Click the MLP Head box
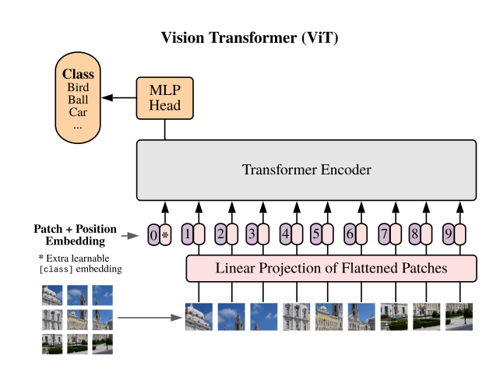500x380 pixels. pos(165,97)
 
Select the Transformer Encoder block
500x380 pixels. pos(305,170)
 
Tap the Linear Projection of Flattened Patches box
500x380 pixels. pos(331,269)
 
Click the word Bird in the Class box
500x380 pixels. pos(78,88)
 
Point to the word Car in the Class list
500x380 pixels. pos(77,112)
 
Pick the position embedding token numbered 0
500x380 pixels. pos(153,234)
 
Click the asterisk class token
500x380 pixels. pos(165,234)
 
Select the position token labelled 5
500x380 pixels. pos(315,233)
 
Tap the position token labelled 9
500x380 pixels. pos(448,233)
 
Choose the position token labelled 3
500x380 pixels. pos(252,233)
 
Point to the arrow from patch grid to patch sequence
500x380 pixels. pos(148,318)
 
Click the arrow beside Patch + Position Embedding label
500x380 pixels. pos(131,234)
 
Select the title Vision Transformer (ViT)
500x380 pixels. pos(249,37)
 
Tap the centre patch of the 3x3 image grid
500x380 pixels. pos(77,319)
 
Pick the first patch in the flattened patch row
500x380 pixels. pos(199,317)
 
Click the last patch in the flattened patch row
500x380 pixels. pos(459,317)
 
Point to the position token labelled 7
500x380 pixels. pos(384,233)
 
